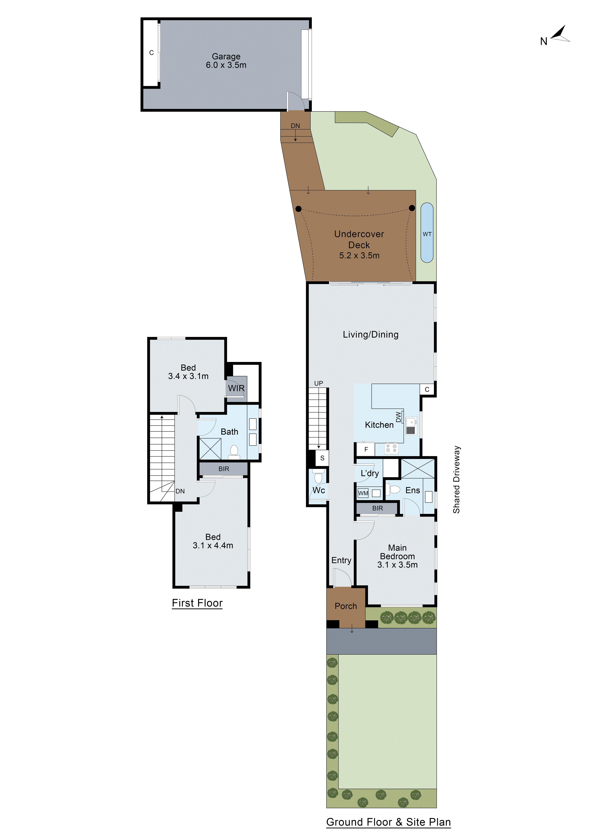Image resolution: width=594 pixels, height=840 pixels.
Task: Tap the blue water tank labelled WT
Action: click(x=427, y=233)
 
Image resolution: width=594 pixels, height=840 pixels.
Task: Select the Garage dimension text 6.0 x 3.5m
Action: click(x=226, y=65)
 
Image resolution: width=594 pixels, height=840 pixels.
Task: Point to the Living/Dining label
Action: click(x=370, y=334)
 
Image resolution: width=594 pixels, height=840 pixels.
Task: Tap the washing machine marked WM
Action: click(x=363, y=493)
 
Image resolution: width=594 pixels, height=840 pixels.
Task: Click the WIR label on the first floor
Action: click(x=236, y=388)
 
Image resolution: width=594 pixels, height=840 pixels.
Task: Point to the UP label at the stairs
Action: click(x=319, y=383)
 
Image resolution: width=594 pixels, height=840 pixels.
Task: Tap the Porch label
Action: click(x=346, y=606)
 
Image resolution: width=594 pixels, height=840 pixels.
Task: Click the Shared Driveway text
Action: click(x=456, y=479)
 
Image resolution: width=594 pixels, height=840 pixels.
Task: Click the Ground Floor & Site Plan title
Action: click(x=388, y=822)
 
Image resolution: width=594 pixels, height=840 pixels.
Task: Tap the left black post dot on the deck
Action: click(x=298, y=209)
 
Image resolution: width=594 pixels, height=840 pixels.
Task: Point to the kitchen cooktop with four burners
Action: click(x=391, y=448)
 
